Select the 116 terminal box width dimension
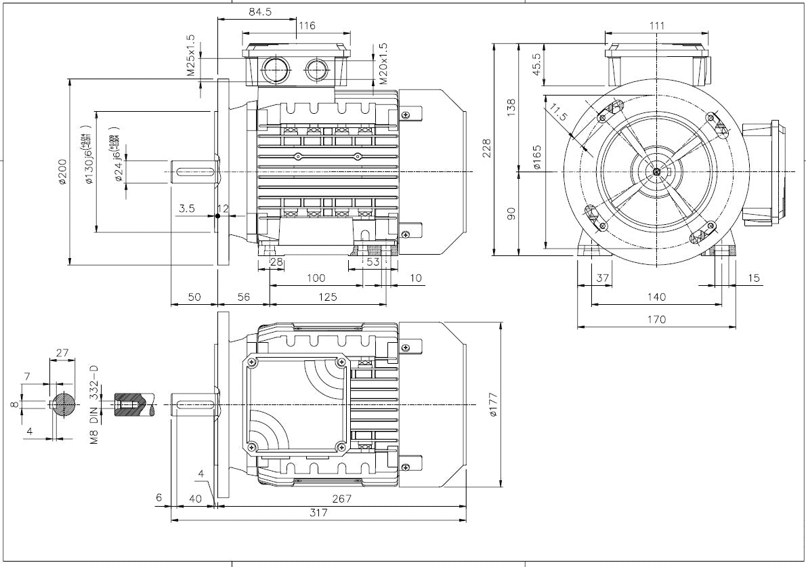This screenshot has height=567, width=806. coord(307,26)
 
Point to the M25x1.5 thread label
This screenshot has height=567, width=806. coord(191,55)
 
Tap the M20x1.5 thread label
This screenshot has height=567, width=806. coord(383,64)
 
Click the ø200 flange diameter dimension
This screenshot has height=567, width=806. coord(62,173)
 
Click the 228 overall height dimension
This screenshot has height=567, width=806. coord(486,149)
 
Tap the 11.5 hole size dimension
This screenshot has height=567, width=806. coord(559,112)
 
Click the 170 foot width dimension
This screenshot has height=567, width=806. coord(656,319)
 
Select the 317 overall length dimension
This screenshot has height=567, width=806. coord(318,513)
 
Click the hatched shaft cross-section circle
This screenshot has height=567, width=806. coord(62,404)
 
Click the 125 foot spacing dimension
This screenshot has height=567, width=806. coord(328,296)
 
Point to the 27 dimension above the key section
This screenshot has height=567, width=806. coord(62,352)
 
